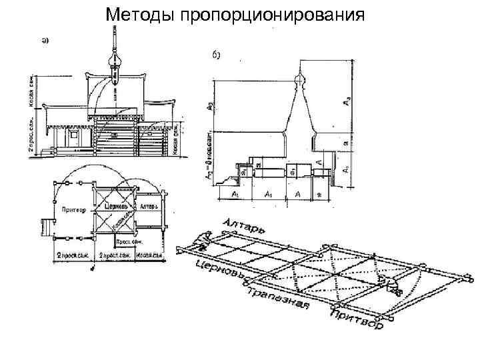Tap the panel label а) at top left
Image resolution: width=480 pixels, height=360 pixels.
point(45,40)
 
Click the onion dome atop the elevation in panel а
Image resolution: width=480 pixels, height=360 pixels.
point(115,65)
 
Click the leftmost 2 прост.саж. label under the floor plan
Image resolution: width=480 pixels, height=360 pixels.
point(72,256)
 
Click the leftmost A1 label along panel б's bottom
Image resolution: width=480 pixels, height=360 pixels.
point(234,193)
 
